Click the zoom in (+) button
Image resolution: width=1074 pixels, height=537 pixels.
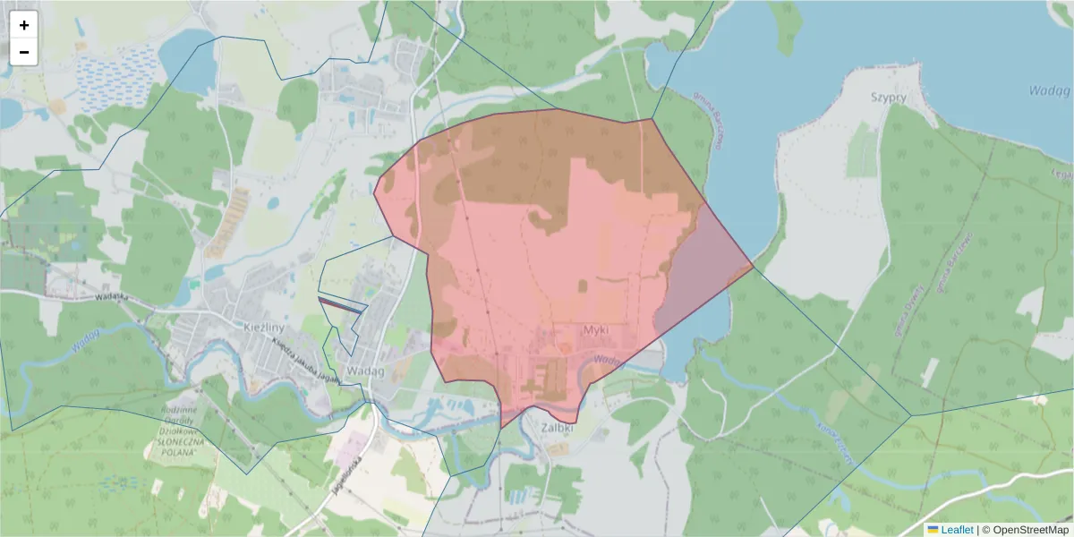coord(24,25)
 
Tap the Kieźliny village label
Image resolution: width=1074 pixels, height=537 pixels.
coord(263,327)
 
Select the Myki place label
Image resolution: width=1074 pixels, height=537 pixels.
coord(595,330)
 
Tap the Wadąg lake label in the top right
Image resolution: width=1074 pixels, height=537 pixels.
coord(1050,90)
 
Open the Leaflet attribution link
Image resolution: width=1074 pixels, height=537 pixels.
coord(957,529)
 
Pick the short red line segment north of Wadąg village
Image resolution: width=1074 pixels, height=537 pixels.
coord(342,305)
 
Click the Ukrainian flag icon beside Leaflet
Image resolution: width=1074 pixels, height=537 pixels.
coord(933,529)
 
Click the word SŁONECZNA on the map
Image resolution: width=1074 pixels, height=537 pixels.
coord(179,442)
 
